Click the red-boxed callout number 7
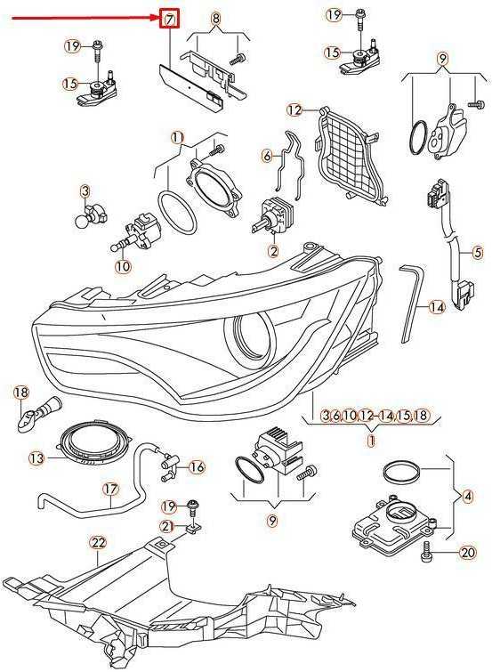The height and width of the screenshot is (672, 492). [170, 20]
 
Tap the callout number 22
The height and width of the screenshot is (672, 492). [98, 543]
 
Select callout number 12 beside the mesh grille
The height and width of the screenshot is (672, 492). [294, 109]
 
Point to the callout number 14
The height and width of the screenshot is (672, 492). [437, 307]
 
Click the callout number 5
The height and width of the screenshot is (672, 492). [478, 253]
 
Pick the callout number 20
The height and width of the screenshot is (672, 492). [468, 553]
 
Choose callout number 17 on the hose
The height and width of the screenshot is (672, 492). [110, 489]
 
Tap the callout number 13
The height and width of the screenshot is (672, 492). [36, 458]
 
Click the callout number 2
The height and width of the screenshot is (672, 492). [273, 251]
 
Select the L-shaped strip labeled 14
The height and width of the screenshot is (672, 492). [411, 304]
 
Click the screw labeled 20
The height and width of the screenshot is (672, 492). [427, 550]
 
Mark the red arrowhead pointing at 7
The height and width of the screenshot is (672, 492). [155, 18]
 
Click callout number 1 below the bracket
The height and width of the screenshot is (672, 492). [371, 441]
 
